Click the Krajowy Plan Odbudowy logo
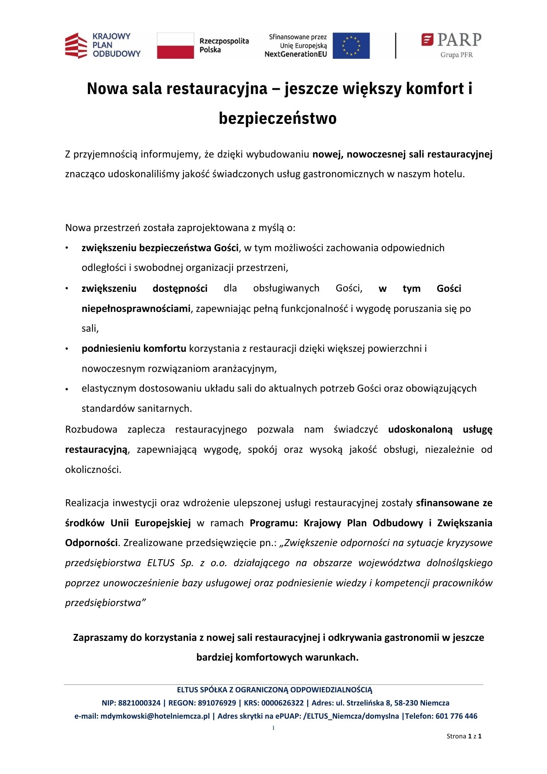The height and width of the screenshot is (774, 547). pos(103,45)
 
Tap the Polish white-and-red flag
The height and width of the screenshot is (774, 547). pos(175,46)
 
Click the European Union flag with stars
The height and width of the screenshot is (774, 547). pos(351,46)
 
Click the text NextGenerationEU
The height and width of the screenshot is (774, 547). pos(296,55)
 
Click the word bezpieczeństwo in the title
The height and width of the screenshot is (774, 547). pos(277,118)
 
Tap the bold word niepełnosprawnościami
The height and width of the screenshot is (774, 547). pos(136,308)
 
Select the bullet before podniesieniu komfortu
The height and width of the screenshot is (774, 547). pos(67,349)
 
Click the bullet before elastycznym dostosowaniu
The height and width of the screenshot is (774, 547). pos(67,389)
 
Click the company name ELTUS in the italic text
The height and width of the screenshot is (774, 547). pos(161,563)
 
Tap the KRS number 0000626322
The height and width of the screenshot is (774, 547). pos(282,703)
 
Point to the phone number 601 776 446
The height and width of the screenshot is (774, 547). pos(456,716)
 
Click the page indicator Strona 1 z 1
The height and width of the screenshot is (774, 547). pos(464,736)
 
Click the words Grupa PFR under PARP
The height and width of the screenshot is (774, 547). pos(456,55)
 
